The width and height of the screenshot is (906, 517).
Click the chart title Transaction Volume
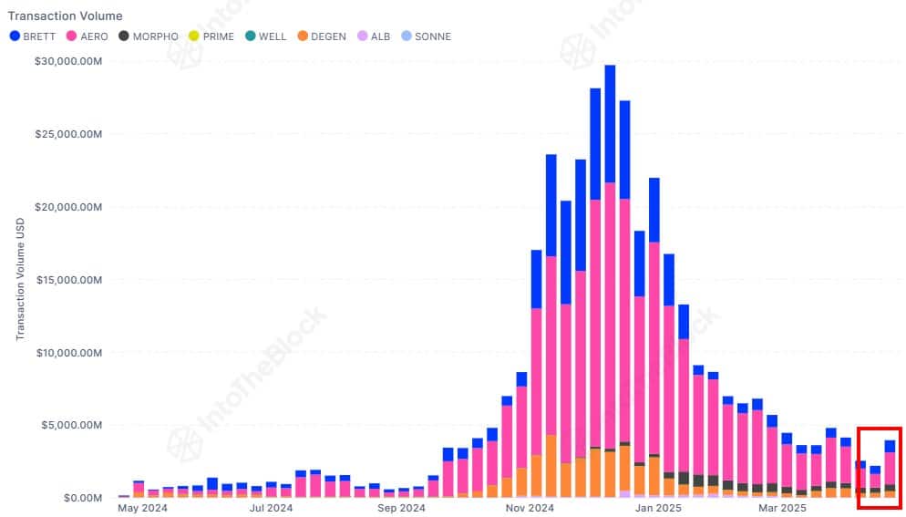tap(65, 16)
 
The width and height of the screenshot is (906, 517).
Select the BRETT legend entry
tap(36, 36)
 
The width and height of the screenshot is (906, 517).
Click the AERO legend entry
tap(88, 36)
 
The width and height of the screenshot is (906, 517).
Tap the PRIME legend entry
tap(211, 36)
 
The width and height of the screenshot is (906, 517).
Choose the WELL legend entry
tap(265, 36)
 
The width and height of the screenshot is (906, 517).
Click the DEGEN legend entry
tap(321, 36)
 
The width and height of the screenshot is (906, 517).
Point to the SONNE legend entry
tap(426, 36)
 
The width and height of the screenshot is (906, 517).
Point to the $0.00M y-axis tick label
tap(79, 498)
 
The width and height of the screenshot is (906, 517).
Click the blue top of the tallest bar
tap(610, 119)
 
